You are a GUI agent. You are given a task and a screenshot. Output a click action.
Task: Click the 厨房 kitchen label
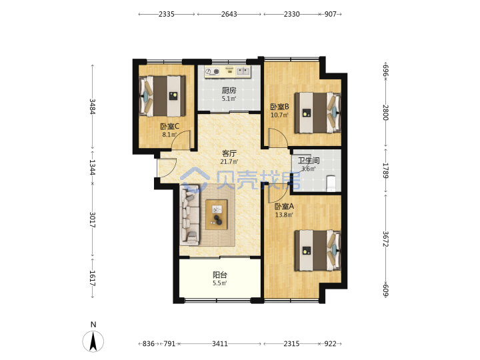click(x=229, y=90)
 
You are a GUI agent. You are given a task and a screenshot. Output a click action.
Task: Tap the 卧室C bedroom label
click(x=169, y=126)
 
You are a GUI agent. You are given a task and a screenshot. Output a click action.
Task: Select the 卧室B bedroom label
click(x=279, y=107)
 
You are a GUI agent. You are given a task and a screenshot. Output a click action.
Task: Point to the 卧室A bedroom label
click(x=284, y=206)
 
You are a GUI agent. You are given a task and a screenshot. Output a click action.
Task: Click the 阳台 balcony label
click(x=220, y=275)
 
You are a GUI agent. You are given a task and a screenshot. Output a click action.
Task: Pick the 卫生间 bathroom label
click(x=309, y=161)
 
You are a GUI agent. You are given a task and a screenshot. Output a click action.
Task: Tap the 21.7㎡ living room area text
click(x=229, y=161)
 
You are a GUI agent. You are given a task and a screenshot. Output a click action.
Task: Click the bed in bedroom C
click(x=162, y=96)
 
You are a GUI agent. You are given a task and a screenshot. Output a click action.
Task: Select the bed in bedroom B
click(x=318, y=113)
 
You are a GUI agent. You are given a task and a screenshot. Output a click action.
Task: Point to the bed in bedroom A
click(x=318, y=251)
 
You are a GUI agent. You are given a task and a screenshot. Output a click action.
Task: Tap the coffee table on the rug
click(x=217, y=214)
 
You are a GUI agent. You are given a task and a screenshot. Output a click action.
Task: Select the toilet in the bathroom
click(x=331, y=183)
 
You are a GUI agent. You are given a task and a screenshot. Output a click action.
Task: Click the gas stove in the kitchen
click(x=213, y=71)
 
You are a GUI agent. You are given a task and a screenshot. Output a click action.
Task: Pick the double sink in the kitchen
click(x=243, y=71)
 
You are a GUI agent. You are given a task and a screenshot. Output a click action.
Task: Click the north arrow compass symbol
click(x=93, y=341)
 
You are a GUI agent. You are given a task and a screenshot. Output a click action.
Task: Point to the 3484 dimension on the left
click(x=92, y=107)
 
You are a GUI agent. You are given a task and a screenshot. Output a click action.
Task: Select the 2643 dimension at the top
click(x=229, y=14)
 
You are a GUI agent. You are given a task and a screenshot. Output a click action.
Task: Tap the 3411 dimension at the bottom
click(x=220, y=344)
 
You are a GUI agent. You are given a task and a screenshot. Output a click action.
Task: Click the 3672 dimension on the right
click(x=385, y=239)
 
